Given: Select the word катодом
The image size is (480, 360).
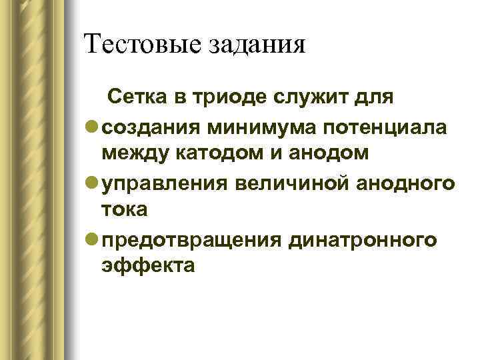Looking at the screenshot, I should pyautogui.click(x=217, y=154).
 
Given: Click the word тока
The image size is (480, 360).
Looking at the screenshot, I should pyautogui.click(x=124, y=209).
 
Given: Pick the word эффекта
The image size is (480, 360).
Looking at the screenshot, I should pyautogui.click(x=149, y=265).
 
